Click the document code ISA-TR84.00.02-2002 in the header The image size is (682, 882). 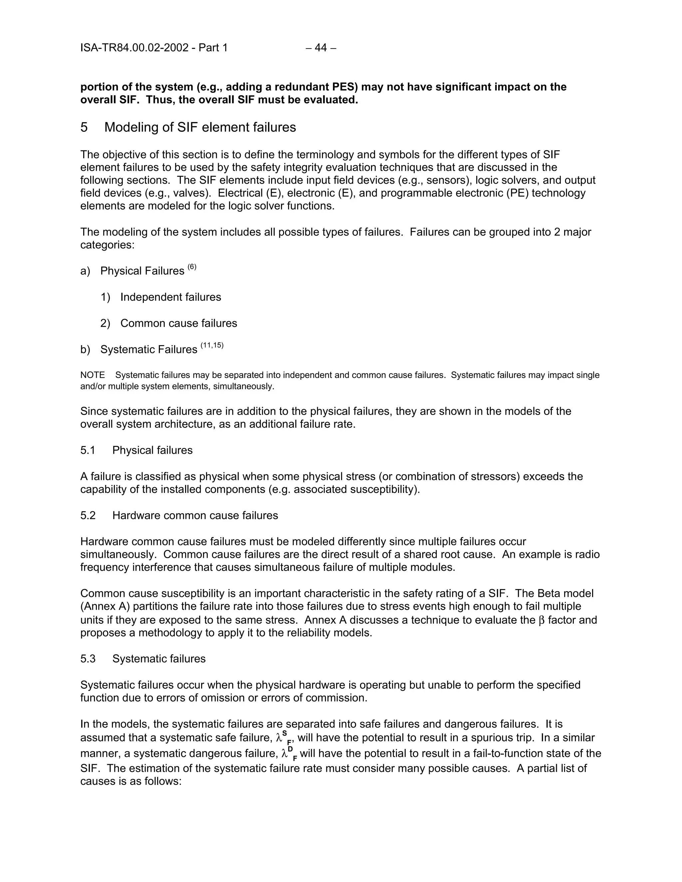[x=134, y=48]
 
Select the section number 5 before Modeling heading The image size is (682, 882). [x=84, y=127]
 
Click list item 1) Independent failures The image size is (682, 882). [x=170, y=297]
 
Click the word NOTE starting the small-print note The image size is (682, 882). [x=93, y=375]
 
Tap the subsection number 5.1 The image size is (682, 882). [x=88, y=450]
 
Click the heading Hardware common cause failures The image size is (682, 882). [x=195, y=516]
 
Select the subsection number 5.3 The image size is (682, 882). [x=88, y=659]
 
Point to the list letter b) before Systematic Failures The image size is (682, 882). [x=85, y=350]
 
